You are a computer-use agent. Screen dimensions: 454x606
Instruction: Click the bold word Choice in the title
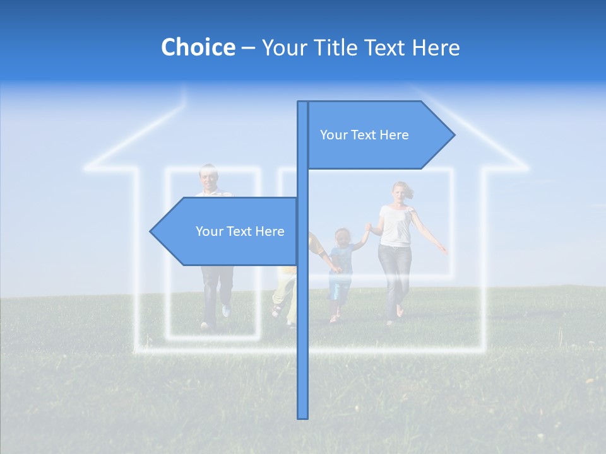198,47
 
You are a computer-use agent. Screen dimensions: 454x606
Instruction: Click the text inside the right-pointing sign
364,135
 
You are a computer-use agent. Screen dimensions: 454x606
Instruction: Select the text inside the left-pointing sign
240,231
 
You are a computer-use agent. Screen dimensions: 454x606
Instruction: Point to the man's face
208,177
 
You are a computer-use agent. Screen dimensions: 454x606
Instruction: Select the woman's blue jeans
394,274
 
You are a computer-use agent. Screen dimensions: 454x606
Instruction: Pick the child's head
342,238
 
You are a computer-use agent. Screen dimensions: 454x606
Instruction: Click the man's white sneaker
226,311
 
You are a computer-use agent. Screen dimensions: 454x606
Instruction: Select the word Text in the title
385,47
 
